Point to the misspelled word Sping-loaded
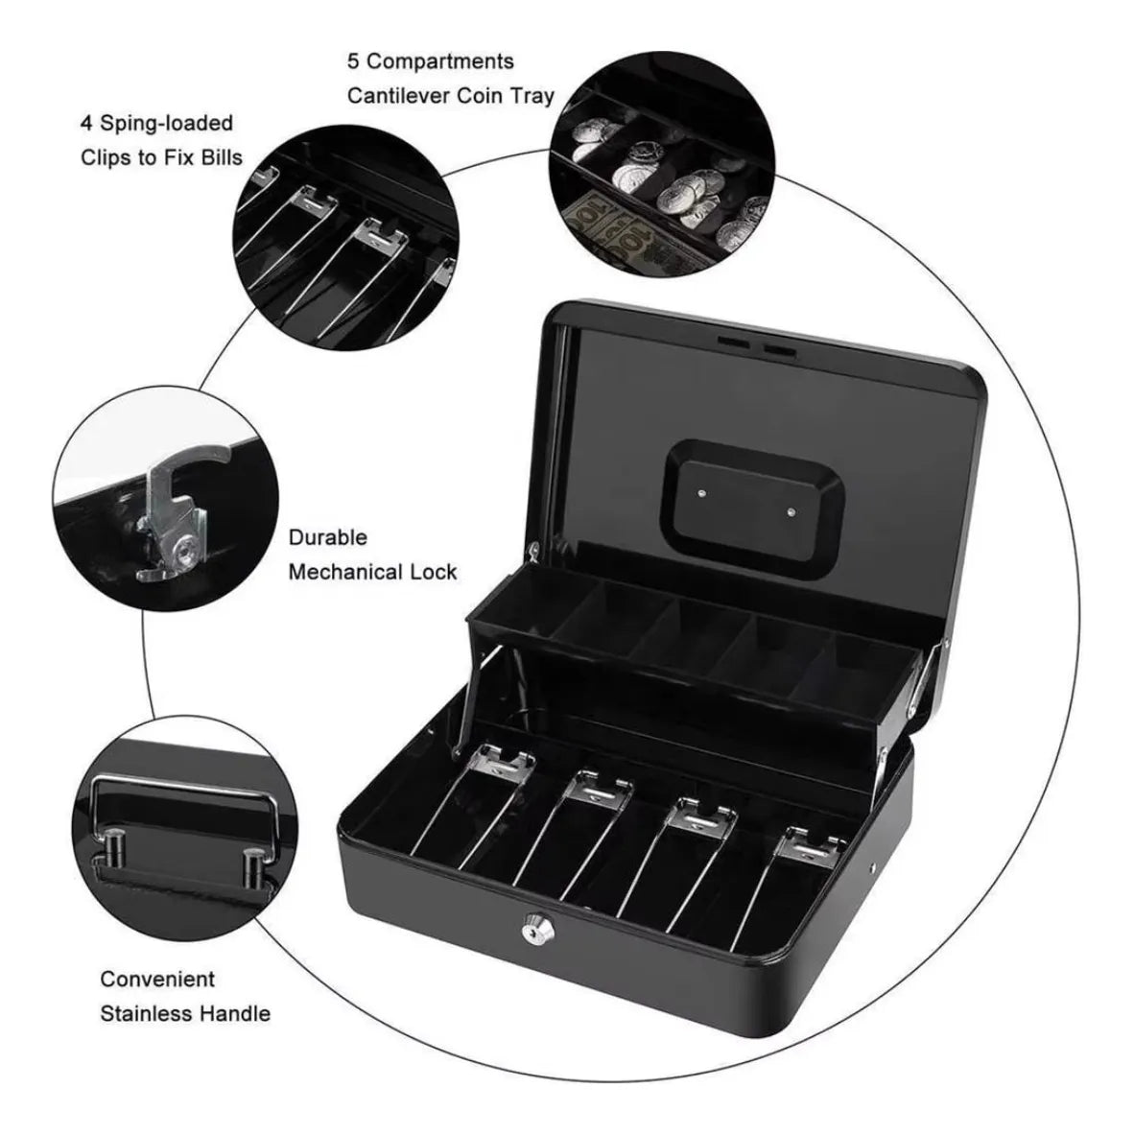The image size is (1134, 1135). click(x=166, y=124)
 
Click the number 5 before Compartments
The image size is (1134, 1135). click(x=353, y=61)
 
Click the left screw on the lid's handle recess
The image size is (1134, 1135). click(x=701, y=493)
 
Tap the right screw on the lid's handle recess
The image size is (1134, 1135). click(x=791, y=512)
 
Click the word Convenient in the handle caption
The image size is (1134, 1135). click(x=157, y=979)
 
